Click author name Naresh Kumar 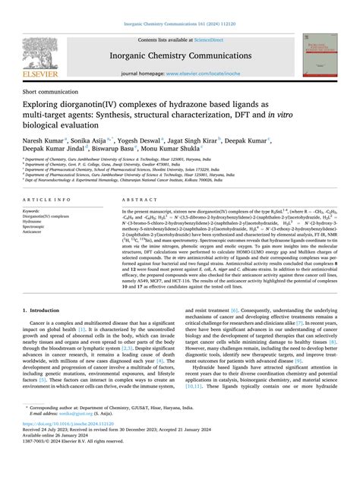(x=43, y=140)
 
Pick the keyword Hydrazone (x=36, y=221)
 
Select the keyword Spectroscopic (x=39, y=226)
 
